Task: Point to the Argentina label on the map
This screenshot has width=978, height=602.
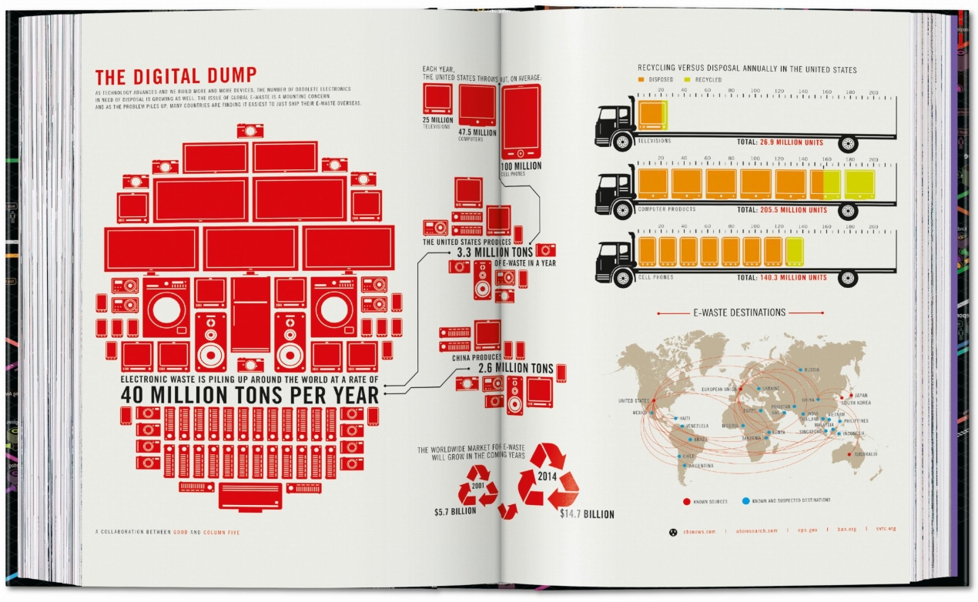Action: pyautogui.click(x=697, y=466)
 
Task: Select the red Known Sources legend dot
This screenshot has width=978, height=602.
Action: pyautogui.click(x=686, y=501)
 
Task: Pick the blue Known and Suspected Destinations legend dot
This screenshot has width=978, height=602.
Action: pyautogui.click(x=745, y=501)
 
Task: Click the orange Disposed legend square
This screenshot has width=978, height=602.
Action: pyautogui.click(x=641, y=79)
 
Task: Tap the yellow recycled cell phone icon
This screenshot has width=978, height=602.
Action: pyautogui.click(x=795, y=252)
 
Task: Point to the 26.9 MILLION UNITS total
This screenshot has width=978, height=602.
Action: pyautogui.click(x=792, y=142)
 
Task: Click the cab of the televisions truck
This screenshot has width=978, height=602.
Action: pyautogui.click(x=614, y=123)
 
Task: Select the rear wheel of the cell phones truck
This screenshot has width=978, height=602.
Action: pyautogui.click(x=849, y=278)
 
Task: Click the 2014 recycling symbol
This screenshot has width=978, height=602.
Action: pyautogui.click(x=548, y=477)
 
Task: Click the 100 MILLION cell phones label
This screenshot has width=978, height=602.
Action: pyautogui.click(x=521, y=166)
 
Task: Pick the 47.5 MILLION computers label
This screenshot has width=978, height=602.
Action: pyautogui.click(x=477, y=132)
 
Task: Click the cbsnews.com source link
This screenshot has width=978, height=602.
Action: pyautogui.click(x=698, y=530)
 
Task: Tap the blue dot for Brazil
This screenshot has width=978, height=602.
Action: pyautogui.click(x=691, y=439)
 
